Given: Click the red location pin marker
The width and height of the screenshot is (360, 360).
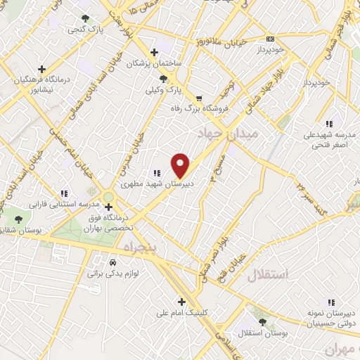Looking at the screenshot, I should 181,165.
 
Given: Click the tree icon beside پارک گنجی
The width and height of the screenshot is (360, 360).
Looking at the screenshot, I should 85,18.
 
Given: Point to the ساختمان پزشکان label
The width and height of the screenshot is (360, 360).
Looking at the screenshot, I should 154,64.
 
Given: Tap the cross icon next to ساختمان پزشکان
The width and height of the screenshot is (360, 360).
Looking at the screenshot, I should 155,52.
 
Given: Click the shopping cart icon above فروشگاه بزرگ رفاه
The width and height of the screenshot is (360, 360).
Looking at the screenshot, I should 199,98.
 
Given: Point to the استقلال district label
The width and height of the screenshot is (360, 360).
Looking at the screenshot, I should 267,275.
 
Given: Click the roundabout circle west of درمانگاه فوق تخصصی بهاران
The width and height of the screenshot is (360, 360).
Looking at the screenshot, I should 108,196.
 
